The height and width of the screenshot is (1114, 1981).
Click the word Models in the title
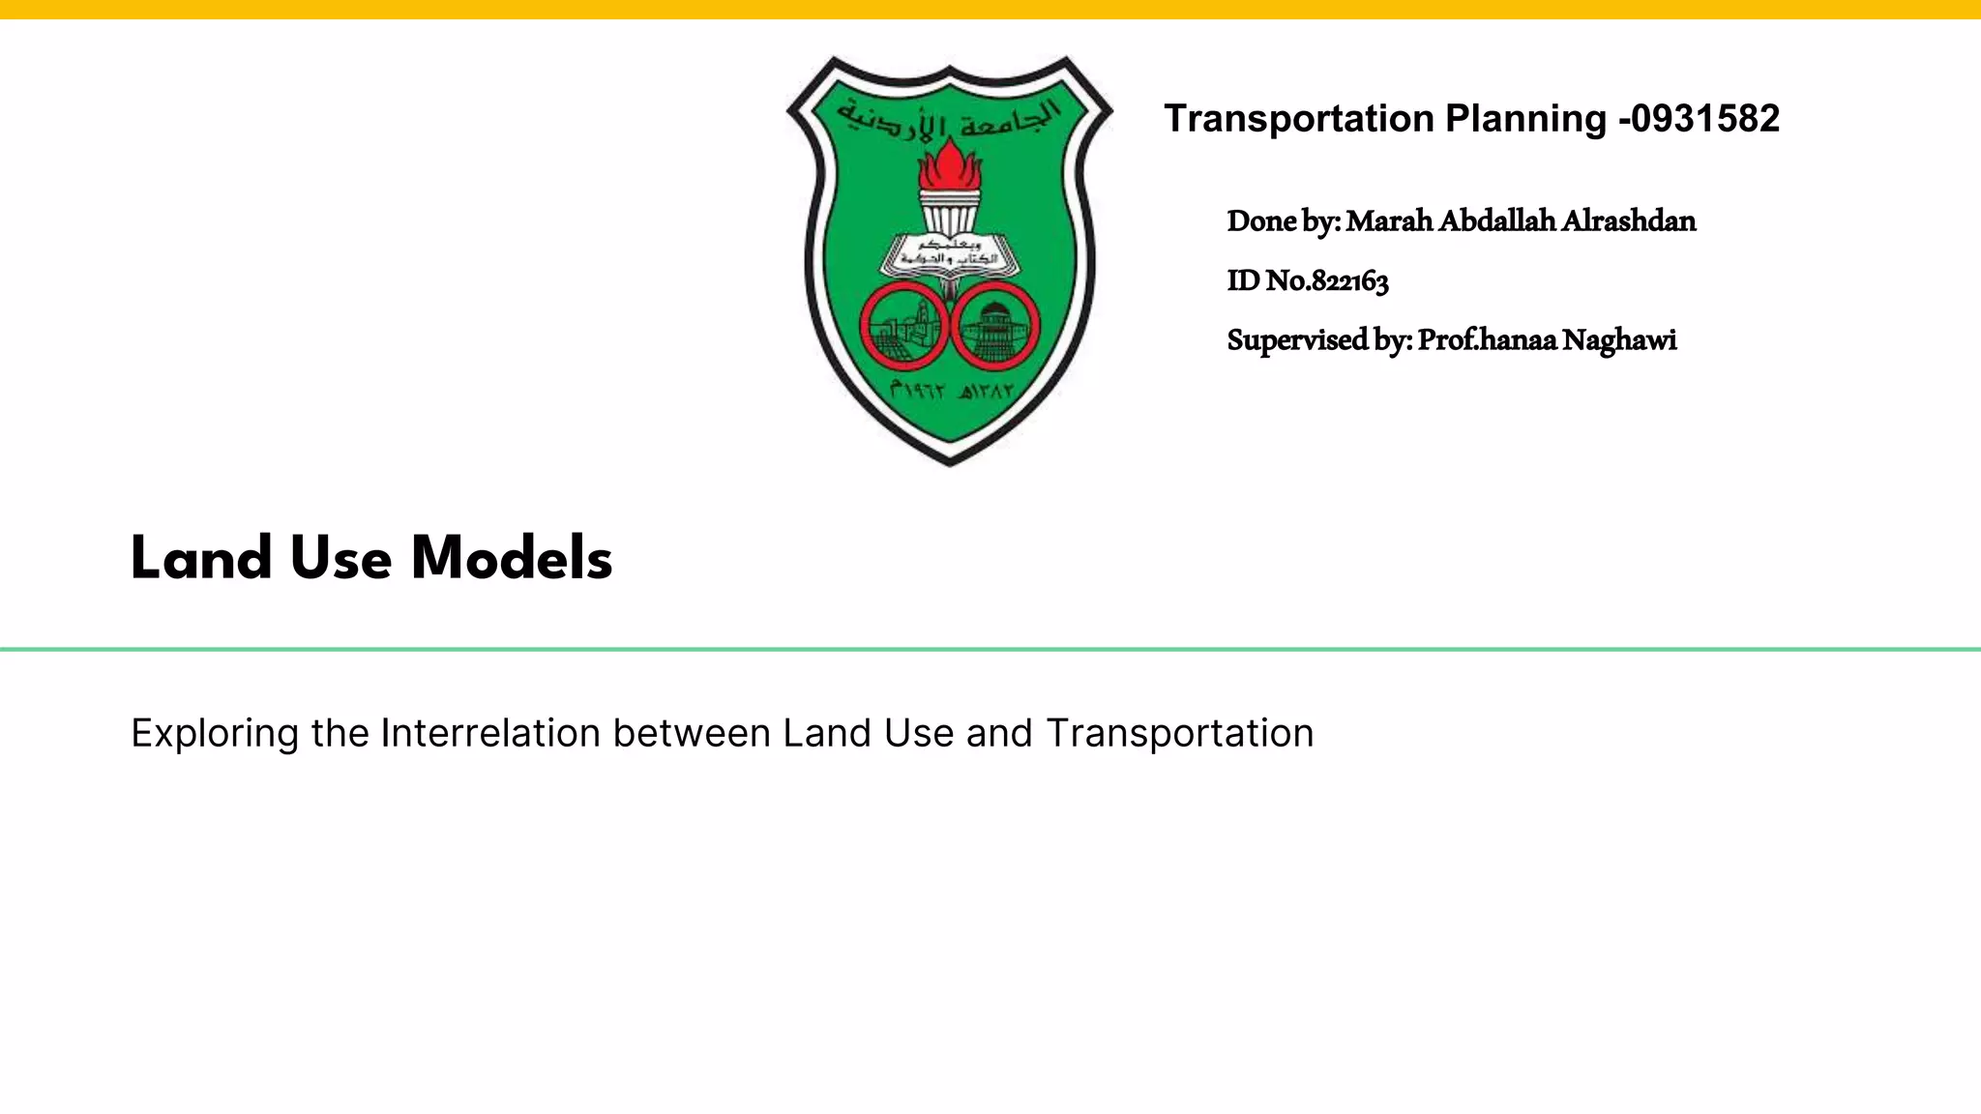pos(512,558)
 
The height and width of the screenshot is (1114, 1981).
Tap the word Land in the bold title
pos(201,558)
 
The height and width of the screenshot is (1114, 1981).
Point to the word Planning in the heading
pos(1525,119)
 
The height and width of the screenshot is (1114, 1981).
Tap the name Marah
pos(1389,221)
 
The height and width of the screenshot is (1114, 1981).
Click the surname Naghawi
pos(1619,340)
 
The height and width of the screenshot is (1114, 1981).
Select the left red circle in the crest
pos(903,327)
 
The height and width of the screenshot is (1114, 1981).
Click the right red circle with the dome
pos(995,327)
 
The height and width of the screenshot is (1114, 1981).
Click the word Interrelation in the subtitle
pos(490,733)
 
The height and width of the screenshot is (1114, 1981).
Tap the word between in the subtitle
pos(692,733)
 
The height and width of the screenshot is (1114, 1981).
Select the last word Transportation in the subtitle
pos(1179,733)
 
